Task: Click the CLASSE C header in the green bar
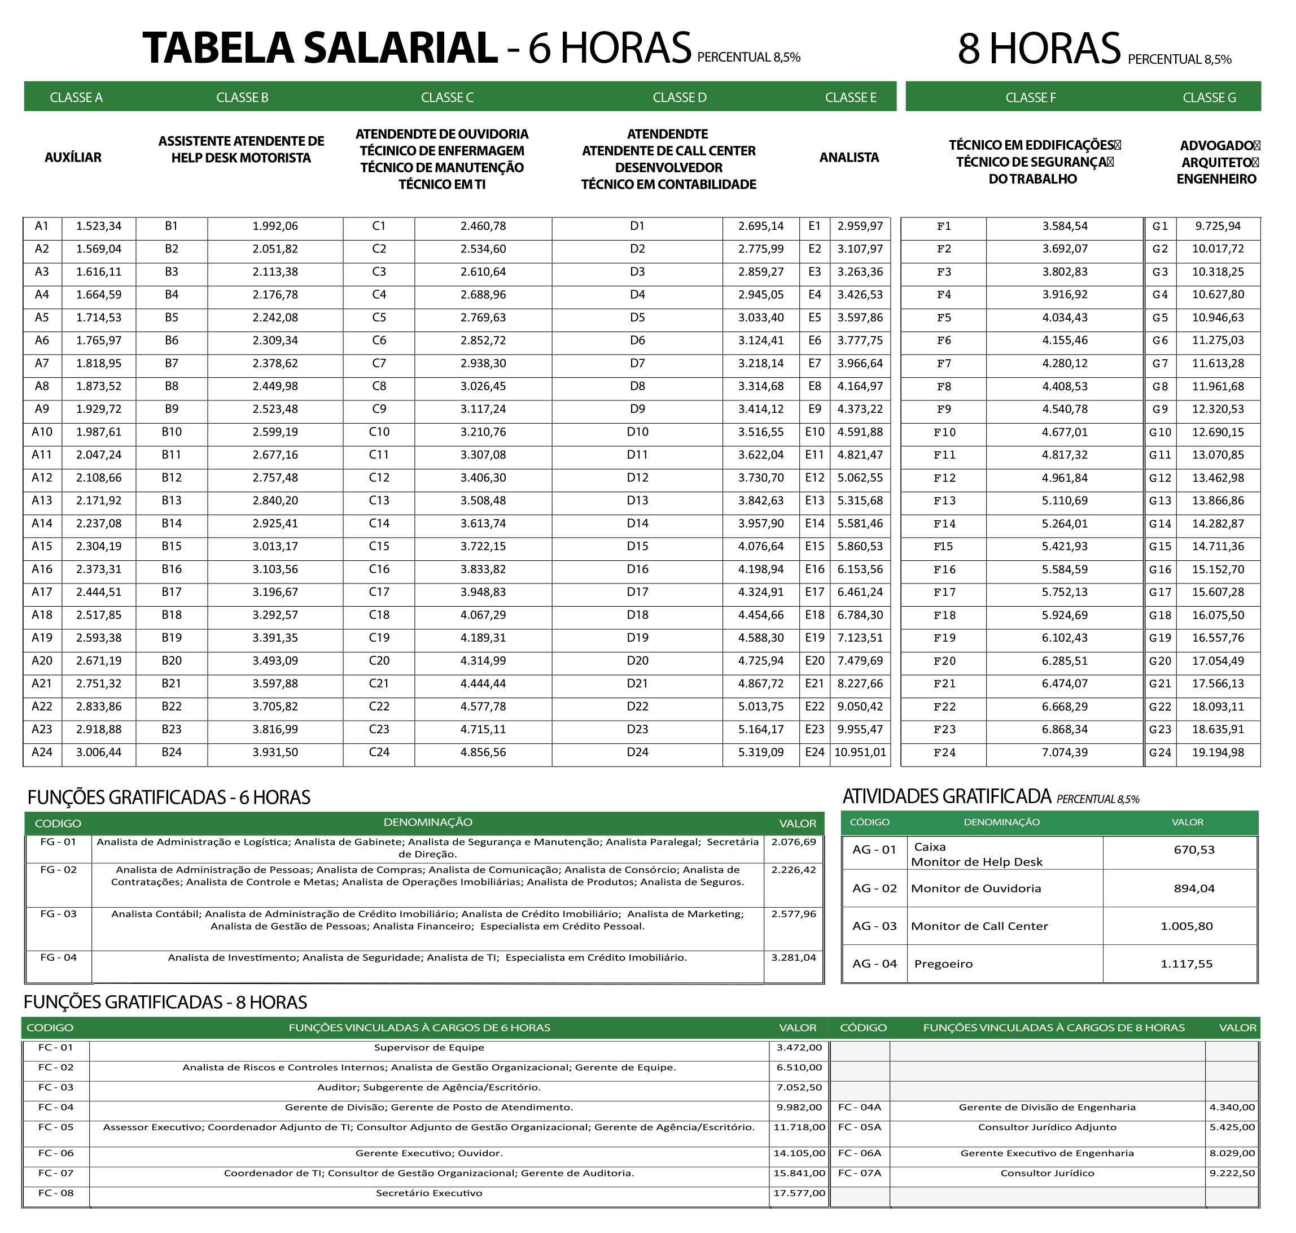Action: [446, 97]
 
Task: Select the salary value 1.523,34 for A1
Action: [99, 226]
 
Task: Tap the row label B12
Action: [172, 478]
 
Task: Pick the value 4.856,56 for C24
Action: [483, 752]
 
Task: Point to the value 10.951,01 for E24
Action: [860, 752]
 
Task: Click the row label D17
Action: [637, 592]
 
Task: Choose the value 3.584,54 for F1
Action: [1064, 226]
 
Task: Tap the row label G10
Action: [1160, 433]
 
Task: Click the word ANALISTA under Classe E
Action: [849, 158]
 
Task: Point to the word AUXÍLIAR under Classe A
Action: [73, 158]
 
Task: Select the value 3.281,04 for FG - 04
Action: [794, 957]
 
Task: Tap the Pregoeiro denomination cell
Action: [943, 964]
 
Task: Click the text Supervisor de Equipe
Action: [429, 1047]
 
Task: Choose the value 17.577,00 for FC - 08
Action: [799, 1193]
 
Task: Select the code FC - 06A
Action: [859, 1153]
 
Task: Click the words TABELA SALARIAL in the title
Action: [320, 48]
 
